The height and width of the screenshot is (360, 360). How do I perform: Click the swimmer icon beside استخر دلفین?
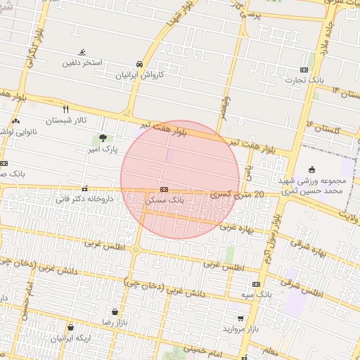[83, 52]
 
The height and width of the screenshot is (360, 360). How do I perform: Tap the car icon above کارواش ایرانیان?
[140, 62]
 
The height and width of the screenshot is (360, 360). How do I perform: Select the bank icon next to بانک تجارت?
[304, 70]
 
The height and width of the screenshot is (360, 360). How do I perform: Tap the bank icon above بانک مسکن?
[164, 189]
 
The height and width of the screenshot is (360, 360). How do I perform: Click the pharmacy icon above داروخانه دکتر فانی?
[84, 188]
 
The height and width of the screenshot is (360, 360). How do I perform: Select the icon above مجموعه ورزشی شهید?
[312, 169]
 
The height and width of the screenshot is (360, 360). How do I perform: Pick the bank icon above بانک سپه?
[256, 284]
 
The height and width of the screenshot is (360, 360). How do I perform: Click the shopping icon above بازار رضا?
[114, 310]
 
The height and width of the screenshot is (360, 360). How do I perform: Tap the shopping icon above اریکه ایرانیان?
[70, 327]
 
